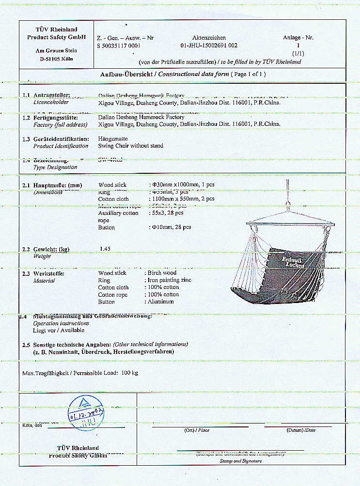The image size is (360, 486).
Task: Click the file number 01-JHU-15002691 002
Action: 208,46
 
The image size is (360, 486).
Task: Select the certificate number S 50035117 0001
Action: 119,46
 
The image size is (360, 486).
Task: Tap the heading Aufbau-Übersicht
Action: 127,74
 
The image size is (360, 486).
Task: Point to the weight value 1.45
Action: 105,249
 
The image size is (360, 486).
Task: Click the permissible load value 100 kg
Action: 129,373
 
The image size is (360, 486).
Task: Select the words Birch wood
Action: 162,273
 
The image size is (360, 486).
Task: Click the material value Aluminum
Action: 162,302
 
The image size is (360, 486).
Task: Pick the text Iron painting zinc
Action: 169,280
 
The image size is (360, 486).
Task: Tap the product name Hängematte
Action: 113,138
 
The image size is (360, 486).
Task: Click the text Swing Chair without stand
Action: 130,146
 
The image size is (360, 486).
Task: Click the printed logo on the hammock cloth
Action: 294,262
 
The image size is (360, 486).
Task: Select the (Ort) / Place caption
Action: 197,430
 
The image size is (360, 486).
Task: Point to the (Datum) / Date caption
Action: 301,430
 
